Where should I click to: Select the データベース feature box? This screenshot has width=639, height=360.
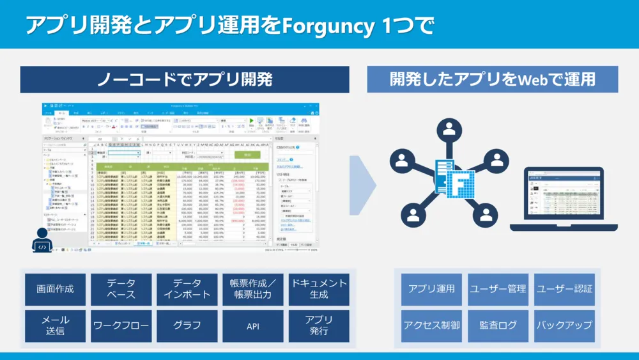point(121,289)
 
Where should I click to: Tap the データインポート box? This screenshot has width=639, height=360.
point(187,289)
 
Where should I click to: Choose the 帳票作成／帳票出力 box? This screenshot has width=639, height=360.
point(252,289)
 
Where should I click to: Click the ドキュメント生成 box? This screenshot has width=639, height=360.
point(319,289)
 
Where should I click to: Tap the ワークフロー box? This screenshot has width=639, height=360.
point(121,325)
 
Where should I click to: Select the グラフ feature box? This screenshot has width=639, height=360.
point(187,325)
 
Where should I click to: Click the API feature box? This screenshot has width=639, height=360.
point(252,325)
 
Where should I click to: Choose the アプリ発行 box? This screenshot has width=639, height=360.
point(319,325)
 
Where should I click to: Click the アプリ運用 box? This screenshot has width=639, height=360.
point(431,289)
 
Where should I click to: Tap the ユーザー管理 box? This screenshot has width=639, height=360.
point(498,289)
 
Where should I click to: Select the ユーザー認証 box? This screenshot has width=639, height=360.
point(564,289)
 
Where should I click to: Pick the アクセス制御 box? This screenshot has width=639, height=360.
point(431,325)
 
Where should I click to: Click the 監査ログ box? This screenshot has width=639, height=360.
point(498,325)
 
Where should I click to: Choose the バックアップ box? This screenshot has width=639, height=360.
point(564,325)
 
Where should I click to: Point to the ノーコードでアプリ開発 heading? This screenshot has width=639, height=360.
point(185,79)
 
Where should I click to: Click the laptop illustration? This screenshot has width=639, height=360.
point(563,200)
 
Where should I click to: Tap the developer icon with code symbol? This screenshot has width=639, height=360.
point(43,241)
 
